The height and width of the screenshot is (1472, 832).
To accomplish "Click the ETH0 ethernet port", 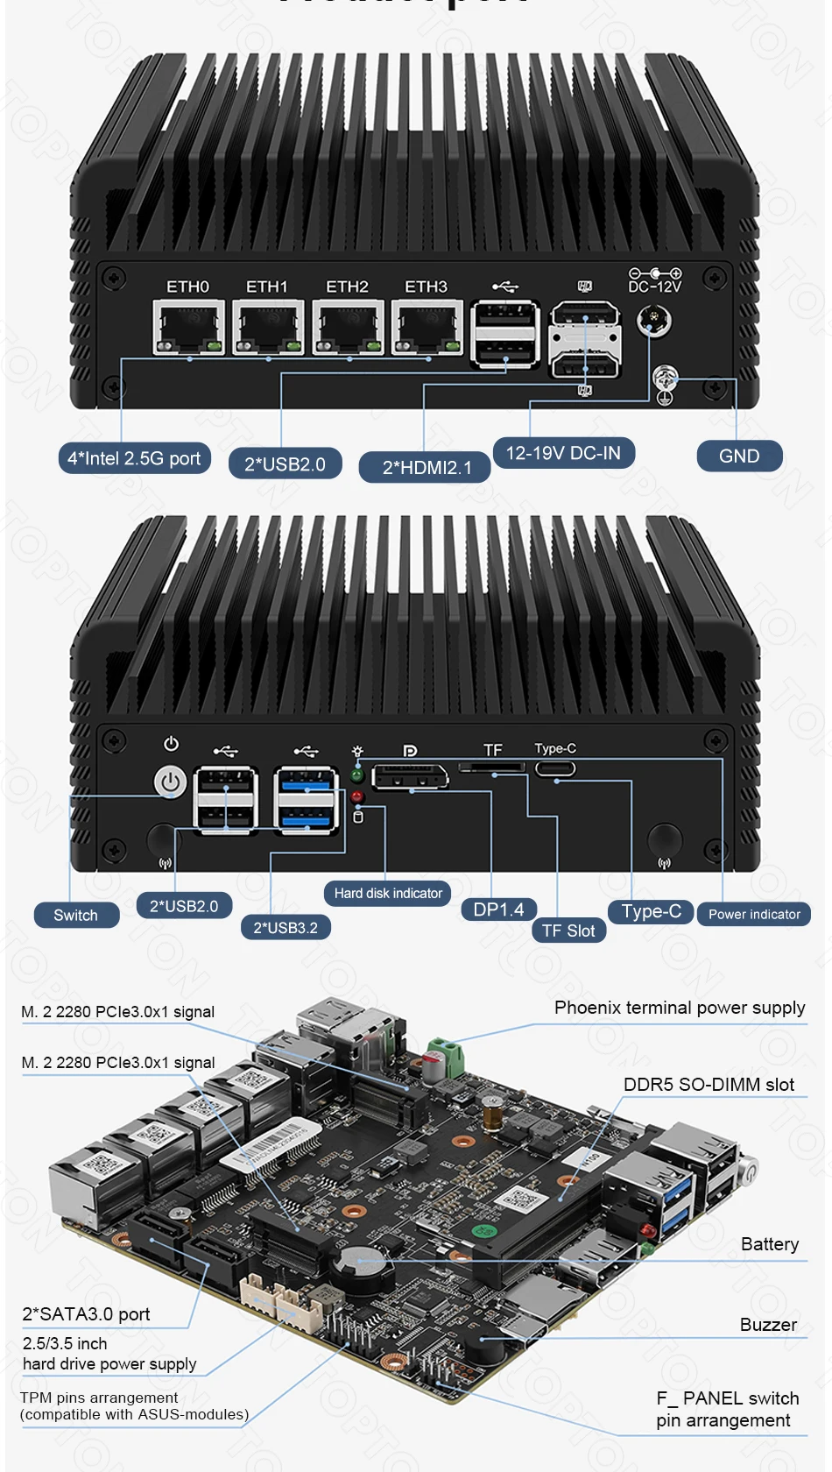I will point(188,327).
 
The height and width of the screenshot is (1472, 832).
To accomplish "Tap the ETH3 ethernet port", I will point(427,327).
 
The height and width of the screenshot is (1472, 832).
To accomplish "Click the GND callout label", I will point(739,456).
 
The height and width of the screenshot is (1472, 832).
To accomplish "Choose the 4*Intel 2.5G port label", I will point(134,458).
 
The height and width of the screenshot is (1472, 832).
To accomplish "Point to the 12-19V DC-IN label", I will point(563,453).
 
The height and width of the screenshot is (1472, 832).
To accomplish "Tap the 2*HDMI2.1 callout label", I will point(426,467).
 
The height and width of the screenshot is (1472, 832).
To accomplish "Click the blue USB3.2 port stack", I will point(306,799).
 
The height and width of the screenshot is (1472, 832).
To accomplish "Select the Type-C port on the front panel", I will point(555,769).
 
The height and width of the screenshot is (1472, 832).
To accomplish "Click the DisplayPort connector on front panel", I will point(410,777).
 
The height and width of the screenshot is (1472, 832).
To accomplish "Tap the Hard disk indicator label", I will point(387,893).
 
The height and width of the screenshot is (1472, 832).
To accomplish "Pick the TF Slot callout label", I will point(568,931).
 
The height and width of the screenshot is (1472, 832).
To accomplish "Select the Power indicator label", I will point(754,914).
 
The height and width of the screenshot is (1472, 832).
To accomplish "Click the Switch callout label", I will point(76,915).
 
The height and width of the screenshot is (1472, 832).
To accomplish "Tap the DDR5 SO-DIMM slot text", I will point(709,1085).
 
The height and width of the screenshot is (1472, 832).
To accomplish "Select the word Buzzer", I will point(768,1325).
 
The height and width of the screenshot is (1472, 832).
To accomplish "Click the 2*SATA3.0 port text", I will point(86,1314).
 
